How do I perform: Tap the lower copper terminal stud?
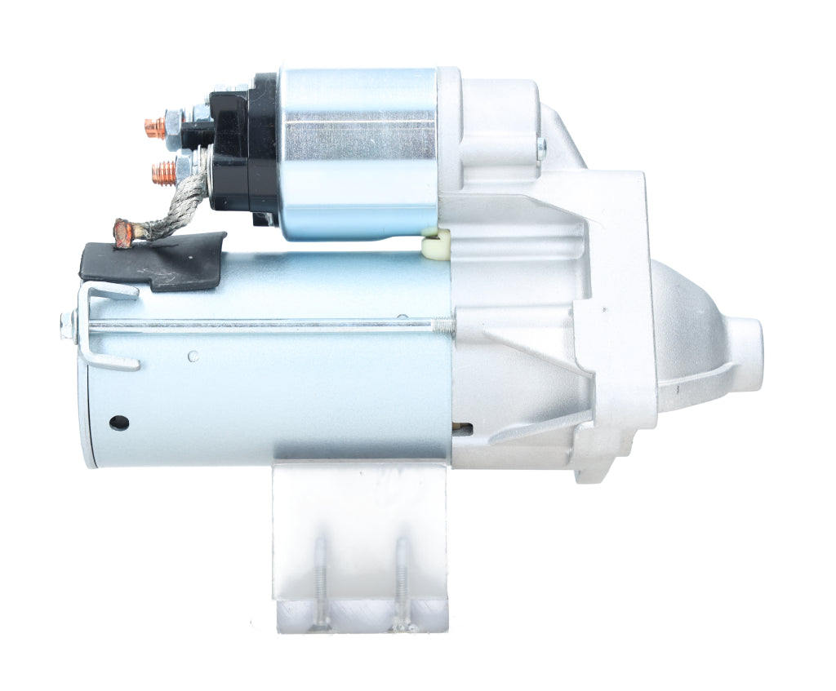(x=163, y=172)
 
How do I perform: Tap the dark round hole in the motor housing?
(x=119, y=423)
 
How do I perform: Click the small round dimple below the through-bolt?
(x=193, y=357)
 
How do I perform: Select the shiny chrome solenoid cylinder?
(x=359, y=153)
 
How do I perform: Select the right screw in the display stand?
(x=402, y=583)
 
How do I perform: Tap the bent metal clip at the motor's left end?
(x=106, y=326)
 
